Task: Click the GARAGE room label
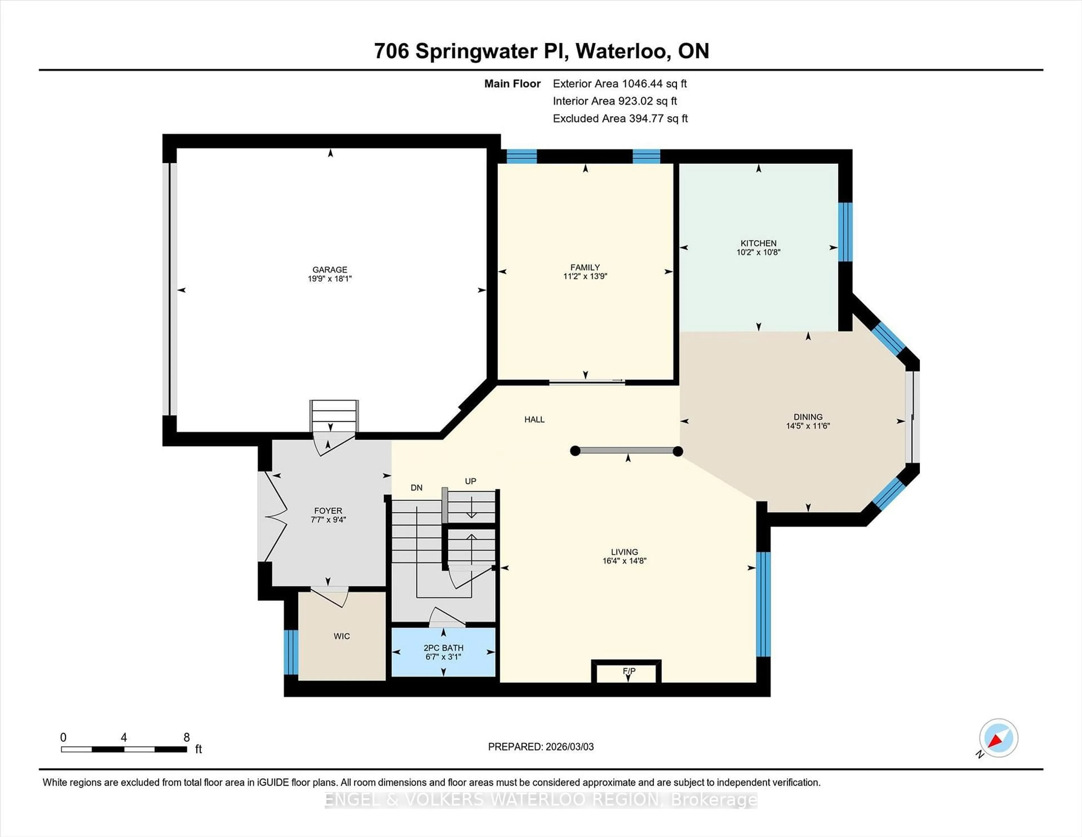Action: (329, 270)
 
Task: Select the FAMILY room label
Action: (585, 267)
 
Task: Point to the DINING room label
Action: (808, 417)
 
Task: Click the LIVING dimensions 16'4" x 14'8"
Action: (624, 561)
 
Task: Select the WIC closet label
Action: (341, 636)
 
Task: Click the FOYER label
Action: (328, 511)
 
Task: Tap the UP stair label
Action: (470, 481)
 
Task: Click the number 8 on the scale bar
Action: (186, 737)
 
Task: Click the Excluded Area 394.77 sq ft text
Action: (620, 118)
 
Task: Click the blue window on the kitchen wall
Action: (845, 232)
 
